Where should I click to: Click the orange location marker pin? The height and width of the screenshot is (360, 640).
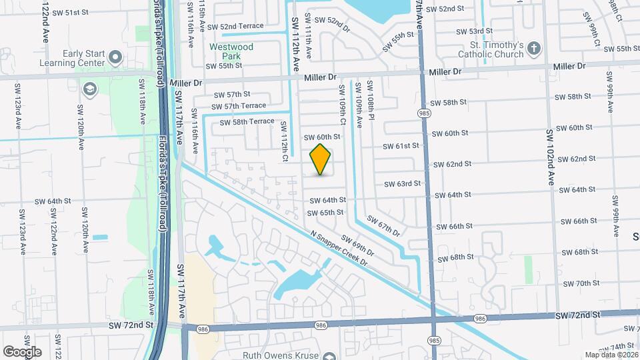tap(321, 159)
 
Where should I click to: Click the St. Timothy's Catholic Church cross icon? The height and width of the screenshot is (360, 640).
tap(533, 48)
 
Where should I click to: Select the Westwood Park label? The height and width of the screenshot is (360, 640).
tap(231, 51)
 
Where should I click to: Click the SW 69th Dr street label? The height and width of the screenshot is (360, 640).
tap(358, 247)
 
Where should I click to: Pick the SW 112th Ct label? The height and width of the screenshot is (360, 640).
tap(284, 141)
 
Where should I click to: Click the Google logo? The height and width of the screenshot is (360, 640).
tap(22, 351)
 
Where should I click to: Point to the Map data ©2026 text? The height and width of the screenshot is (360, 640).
tap(611, 355)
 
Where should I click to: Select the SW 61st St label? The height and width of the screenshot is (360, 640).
tap(401, 145)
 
